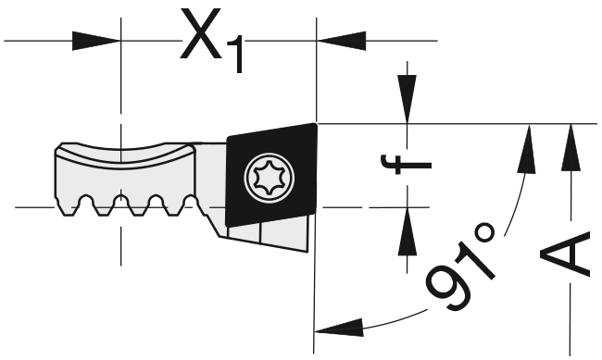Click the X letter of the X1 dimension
click(x=201, y=33)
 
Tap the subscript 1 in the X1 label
click(x=236, y=54)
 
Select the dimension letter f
click(x=407, y=164)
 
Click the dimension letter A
click(x=564, y=254)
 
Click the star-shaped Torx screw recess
click(x=270, y=177)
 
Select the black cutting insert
click(x=271, y=175)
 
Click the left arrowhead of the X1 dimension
click(x=96, y=41)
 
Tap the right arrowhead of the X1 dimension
click(x=342, y=41)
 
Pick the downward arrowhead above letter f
click(x=407, y=99)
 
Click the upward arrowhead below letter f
click(x=408, y=231)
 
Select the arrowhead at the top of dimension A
click(x=571, y=147)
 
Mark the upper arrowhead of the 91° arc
click(x=528, y=149)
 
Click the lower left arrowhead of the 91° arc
click(x=339, y=329)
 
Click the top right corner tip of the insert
click(x=317, y=124)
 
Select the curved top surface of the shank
click(x=125, y=155)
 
